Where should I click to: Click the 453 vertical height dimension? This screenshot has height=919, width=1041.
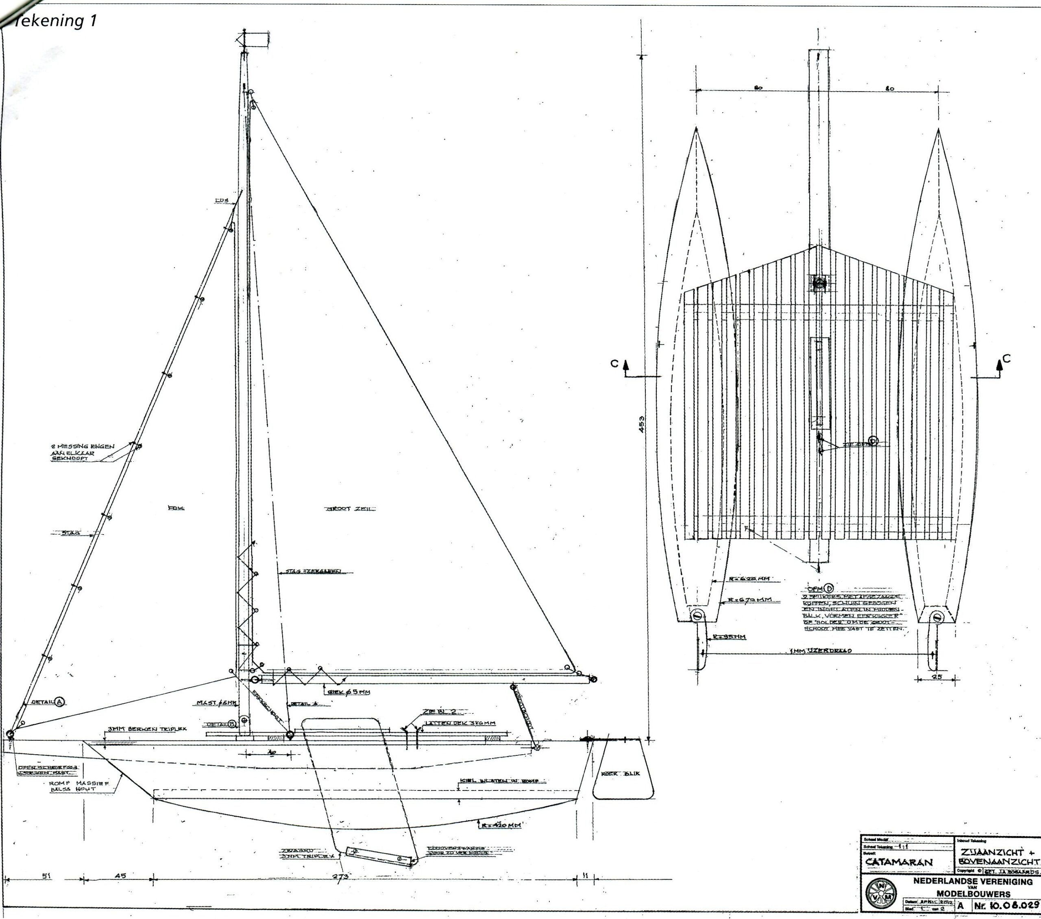642,424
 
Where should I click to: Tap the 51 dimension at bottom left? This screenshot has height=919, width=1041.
46,876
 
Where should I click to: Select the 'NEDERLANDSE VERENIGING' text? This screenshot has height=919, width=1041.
973,881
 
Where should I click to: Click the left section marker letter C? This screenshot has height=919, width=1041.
615,364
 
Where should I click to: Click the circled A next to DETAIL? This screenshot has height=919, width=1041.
60,702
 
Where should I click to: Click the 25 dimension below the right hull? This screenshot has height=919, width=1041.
936,677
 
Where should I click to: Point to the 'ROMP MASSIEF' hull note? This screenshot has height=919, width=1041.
79,786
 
